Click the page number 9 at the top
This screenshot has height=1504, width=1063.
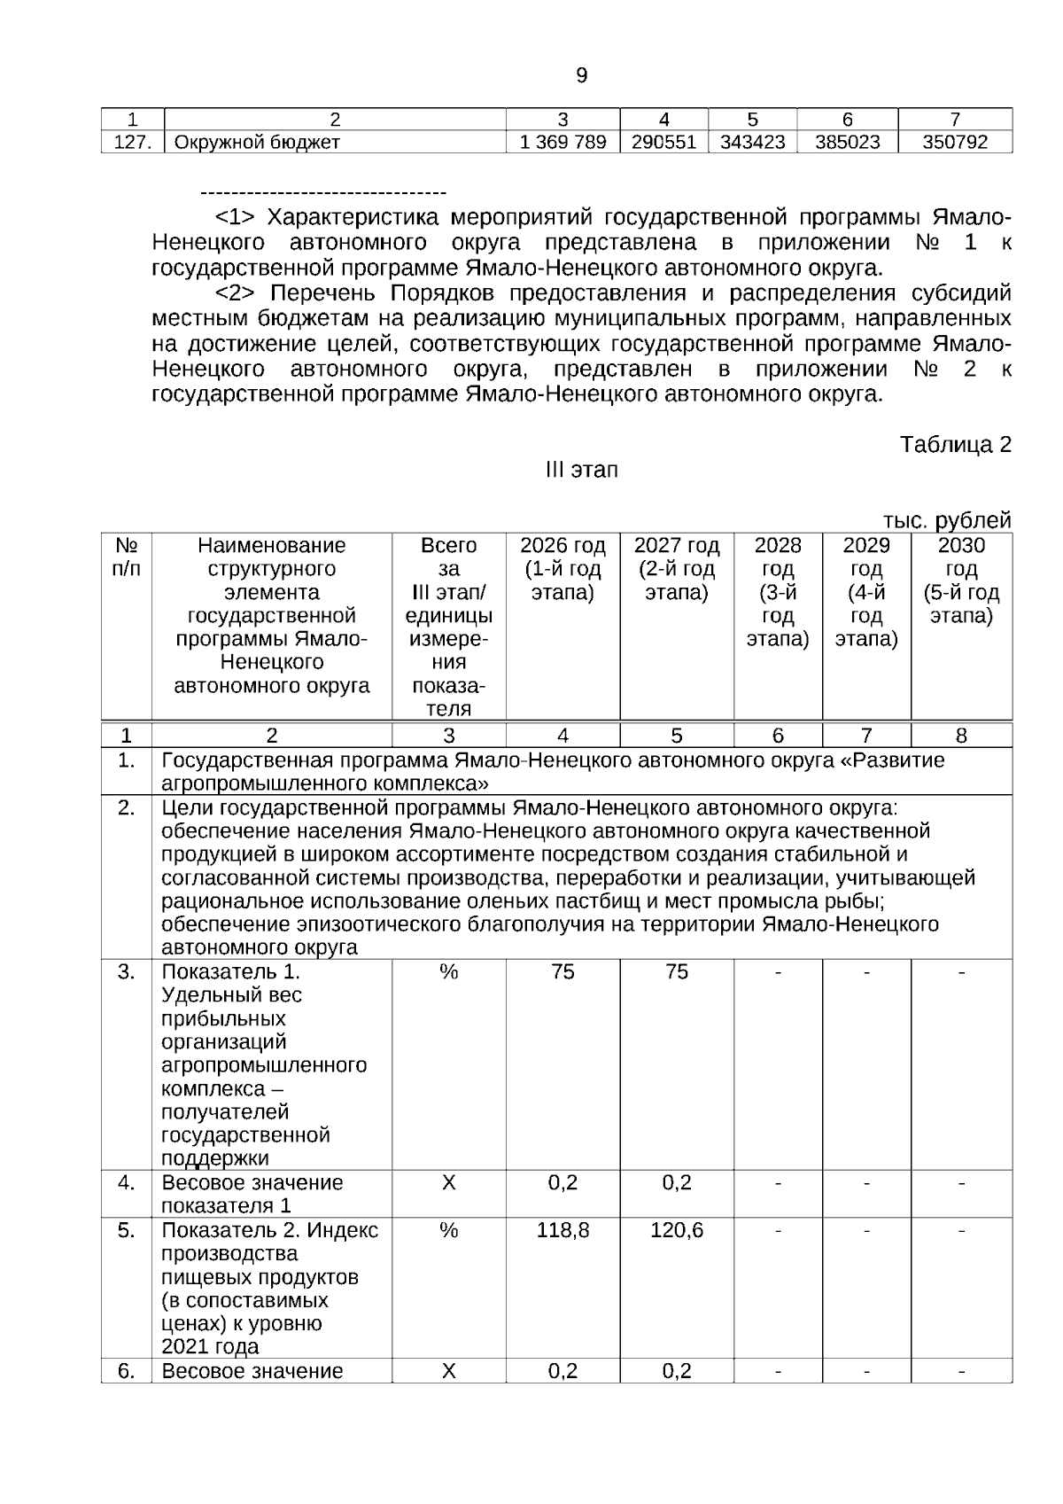pos(581,76)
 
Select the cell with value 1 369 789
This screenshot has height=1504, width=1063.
pos(563,142)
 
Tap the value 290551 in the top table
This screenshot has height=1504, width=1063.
pos(663,142)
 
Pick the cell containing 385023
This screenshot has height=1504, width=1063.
pos(847,142)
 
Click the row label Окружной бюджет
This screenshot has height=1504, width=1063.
pos(257,142)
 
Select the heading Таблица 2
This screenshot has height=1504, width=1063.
pos(955,445)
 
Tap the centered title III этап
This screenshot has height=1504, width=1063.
pos(581,470)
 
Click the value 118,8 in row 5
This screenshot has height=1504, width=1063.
pos(563,1230)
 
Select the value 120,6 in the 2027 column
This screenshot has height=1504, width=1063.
pos(677,1230)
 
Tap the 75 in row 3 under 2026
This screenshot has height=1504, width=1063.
pos(563,972)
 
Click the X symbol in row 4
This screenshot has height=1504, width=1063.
pos(448,1182)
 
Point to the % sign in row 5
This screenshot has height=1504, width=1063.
pos(448,1230)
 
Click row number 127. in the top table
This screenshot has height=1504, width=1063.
pos(133,142)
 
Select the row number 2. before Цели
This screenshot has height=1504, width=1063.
pos(127,807)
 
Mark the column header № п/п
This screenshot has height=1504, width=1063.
pos(127,557)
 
